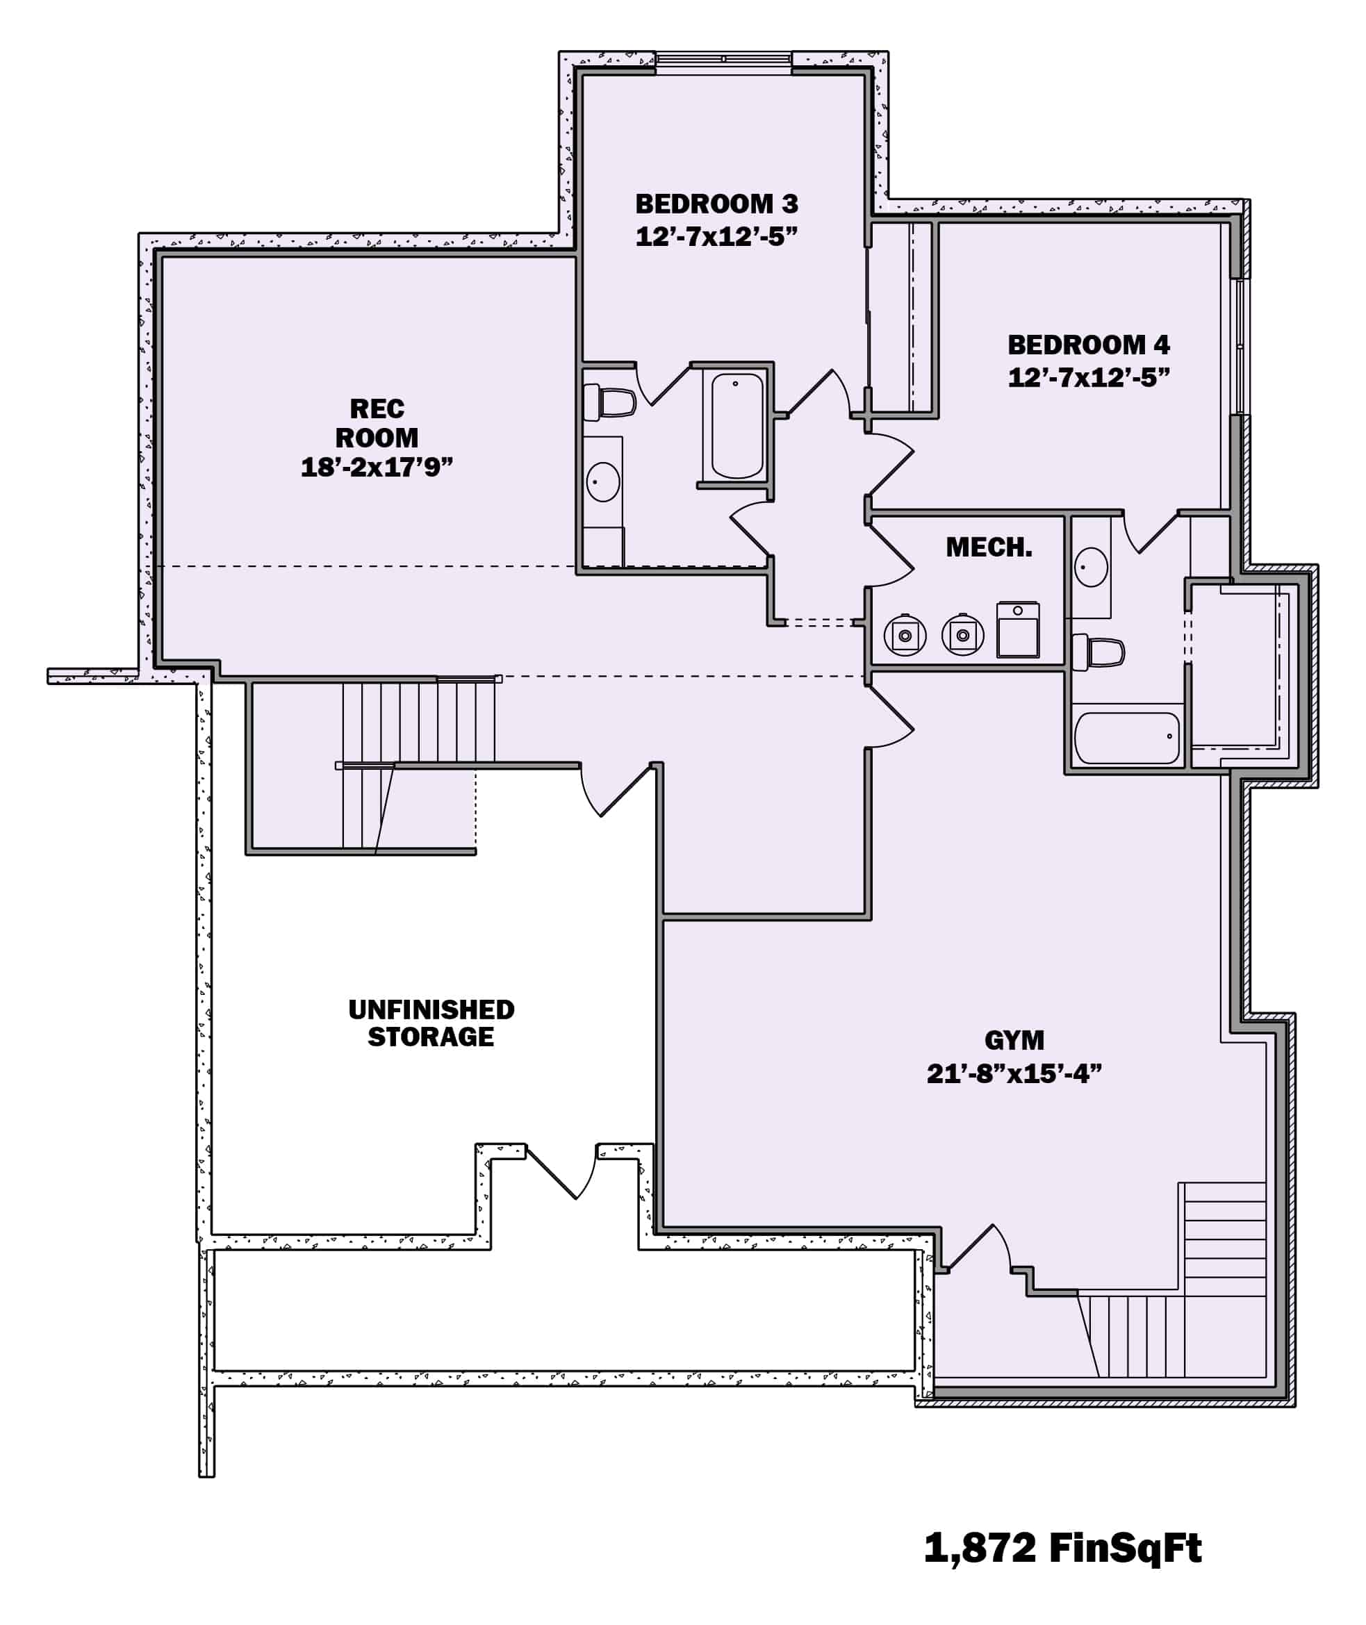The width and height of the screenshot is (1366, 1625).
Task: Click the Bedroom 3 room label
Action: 716,204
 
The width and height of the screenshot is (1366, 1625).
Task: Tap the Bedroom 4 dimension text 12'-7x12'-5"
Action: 1088,378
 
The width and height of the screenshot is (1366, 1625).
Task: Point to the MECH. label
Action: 989,548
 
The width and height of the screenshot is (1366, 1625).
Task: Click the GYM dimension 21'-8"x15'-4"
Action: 1014,1074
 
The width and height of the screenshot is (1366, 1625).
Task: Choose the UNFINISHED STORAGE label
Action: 431,1023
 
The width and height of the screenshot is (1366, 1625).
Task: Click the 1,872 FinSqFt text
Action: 1062,1548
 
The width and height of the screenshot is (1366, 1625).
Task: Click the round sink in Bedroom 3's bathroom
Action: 602,481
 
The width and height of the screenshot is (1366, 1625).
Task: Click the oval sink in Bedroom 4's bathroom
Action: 1090,567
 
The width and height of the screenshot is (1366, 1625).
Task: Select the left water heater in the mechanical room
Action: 905,636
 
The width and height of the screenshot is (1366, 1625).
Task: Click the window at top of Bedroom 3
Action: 723,60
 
